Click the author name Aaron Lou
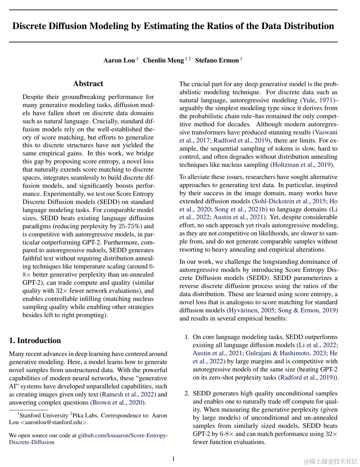click(x=119, y=60)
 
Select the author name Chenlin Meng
click(x=163, y=60)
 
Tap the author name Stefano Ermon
click(x=217, y=60)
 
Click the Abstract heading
click(x=88, y=84)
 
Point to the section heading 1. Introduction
click(x=35, y=340)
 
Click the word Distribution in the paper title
click(x=308, y=26)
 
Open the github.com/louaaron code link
click(x=123, y=436)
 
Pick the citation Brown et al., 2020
click(x=118, y=403)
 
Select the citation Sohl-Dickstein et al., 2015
click(x=290, y=201)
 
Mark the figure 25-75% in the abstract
click(x=130, y=226)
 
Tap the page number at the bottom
click(x=173, y=459)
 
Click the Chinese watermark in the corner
click(x=331, y=461)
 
